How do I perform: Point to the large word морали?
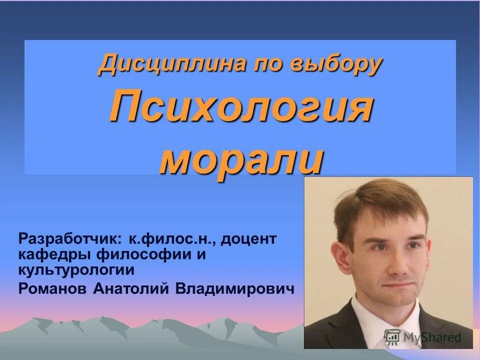(x=240, y=158)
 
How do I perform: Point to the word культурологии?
(x=76, y=270)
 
